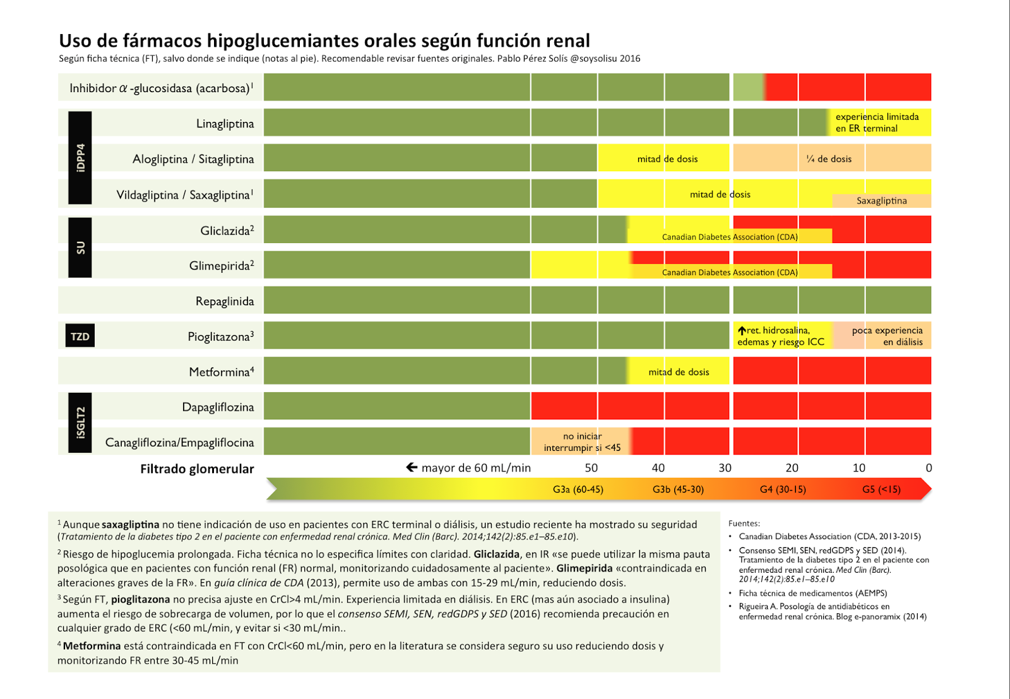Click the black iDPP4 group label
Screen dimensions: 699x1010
click(80, 158)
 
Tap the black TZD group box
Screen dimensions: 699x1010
click(80, 336)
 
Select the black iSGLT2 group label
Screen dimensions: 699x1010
click(80, 422)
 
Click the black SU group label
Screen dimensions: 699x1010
click(80, 248)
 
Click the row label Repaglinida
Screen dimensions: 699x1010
click(224, 301)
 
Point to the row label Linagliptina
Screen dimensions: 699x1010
click(225, 123)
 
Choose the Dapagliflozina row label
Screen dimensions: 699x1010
click(218, 407)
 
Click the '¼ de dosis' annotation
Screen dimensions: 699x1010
click(828, 158)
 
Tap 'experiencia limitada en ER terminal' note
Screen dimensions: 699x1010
click(877, 122)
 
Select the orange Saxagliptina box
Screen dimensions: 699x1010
click(881, 201)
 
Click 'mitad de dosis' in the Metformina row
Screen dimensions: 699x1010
click(679, 372)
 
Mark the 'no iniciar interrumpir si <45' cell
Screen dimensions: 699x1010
click(582, 442)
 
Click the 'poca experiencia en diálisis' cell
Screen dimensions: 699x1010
click(887, 336)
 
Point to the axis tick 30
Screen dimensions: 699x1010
click(725, 468)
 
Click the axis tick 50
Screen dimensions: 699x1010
click(591, 468)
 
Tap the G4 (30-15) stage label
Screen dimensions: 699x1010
click(783, 489)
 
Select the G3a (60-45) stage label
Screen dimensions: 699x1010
click(578, 489)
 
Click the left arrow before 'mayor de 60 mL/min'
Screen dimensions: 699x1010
click(412, 467)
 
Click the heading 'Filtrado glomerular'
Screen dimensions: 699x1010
click(197, 469)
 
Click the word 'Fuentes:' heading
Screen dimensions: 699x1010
click(744, 523)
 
